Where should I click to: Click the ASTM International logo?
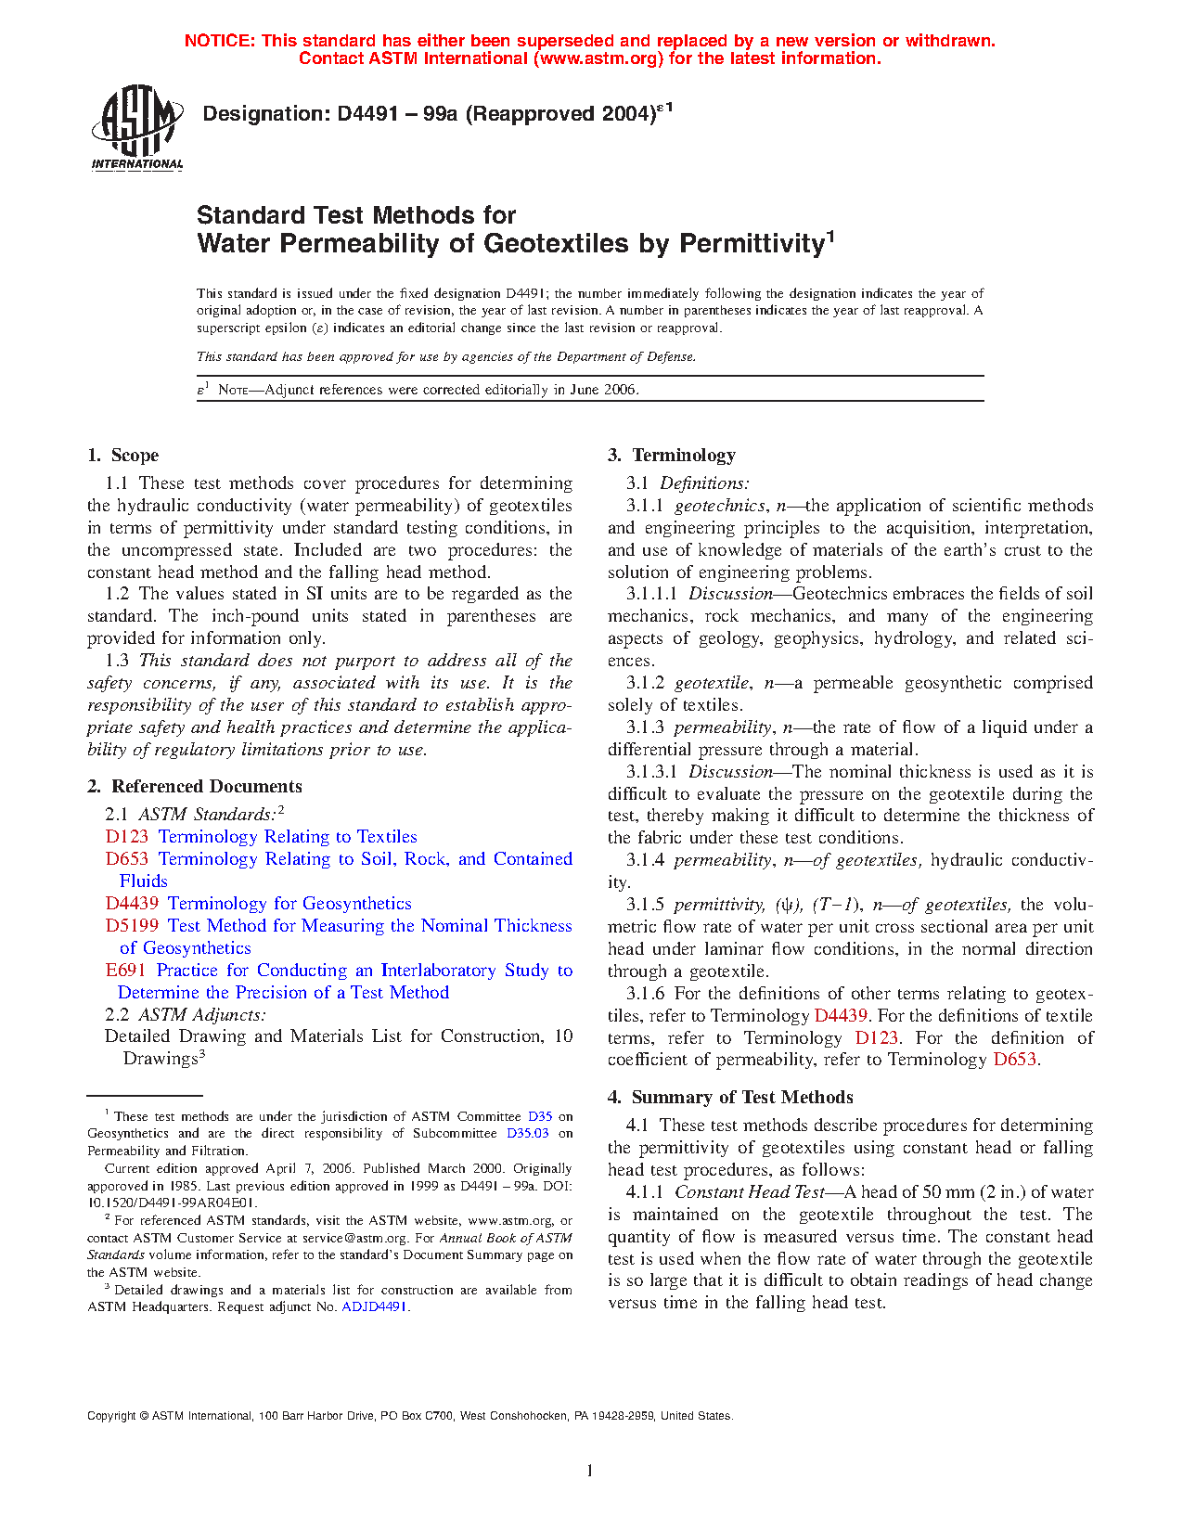tap(136, 127)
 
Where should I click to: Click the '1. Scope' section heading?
tap(122, 456)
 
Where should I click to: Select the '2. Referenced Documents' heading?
tap(195, 787)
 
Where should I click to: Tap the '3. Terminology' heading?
tap(672, 456)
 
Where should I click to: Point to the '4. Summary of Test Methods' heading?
tap(730, 1098)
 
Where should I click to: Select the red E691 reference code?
tap(125, 971)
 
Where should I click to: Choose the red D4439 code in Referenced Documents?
tap(131, 904)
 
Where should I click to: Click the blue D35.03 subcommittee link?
tap(527, 1134)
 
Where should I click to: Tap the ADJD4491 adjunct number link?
tap(375, 1307)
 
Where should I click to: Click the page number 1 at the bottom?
tap(590, 1471)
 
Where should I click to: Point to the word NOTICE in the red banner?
tap(219, 41)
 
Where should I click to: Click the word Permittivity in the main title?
tap(752, 244)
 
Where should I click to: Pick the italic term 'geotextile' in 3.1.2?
tap(711, 684)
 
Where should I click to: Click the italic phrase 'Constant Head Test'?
tap(750, 1192)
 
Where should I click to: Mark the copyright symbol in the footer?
tap(144, 1417)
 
